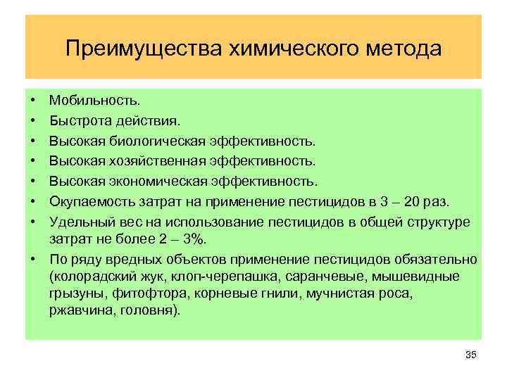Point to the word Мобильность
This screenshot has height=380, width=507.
click(x=89, y=103)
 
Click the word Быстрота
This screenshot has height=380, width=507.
click(x=77, y=123)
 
